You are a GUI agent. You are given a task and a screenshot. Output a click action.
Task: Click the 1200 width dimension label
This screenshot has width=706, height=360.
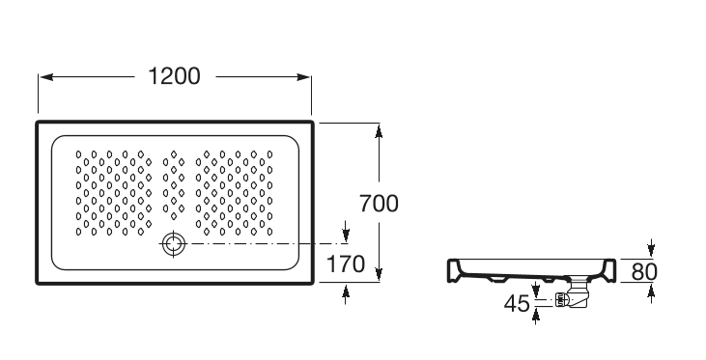174,76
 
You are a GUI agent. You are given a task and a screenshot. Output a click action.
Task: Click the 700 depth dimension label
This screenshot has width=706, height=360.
379,204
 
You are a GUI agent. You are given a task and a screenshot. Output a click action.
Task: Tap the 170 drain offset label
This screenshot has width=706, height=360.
346,263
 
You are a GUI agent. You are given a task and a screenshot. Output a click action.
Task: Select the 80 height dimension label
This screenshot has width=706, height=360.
644,272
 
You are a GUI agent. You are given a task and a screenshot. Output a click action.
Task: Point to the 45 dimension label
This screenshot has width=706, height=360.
517,304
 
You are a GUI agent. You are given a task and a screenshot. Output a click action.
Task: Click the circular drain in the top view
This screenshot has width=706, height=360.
174,243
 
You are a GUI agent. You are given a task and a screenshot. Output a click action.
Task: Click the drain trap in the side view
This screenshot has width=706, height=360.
573,296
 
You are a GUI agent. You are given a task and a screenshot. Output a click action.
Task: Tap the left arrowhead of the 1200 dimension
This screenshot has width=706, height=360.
46,77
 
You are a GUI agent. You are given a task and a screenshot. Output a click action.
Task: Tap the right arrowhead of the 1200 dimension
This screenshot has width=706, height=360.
303,77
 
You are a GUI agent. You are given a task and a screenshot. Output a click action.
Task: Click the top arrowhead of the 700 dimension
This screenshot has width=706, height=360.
379,130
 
